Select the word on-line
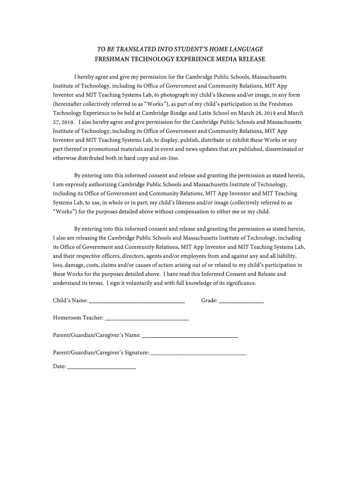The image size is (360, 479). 169,158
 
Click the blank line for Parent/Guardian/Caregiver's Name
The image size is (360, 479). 189,336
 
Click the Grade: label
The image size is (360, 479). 209,300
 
